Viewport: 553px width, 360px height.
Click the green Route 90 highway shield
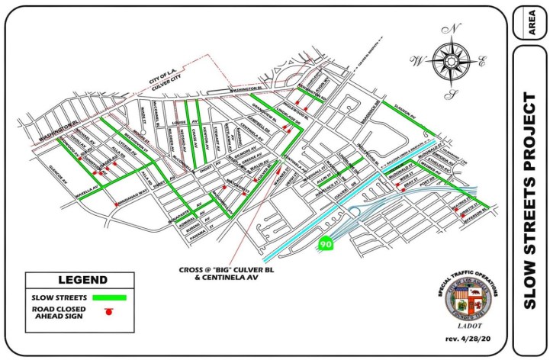326,245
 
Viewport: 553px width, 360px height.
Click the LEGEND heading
76,281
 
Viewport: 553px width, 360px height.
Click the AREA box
531,22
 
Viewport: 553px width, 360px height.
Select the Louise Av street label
182,122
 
